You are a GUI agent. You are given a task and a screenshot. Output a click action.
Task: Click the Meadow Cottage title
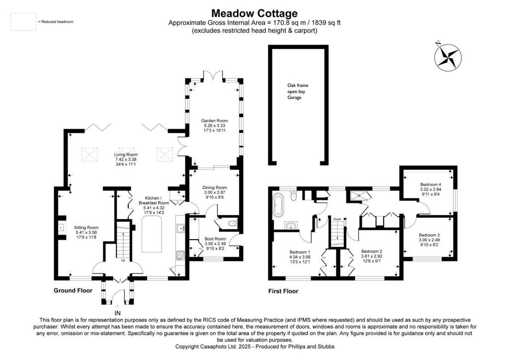(254, 13)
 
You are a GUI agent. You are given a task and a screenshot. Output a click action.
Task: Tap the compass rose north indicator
(448, 56)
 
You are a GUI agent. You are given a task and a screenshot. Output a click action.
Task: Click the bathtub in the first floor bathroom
(277, 205)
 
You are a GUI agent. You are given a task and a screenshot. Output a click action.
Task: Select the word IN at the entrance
(117, 313)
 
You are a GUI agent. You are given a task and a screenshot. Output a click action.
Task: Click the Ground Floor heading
(73, 290)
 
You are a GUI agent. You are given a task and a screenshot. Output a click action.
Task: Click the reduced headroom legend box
(23, 22)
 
